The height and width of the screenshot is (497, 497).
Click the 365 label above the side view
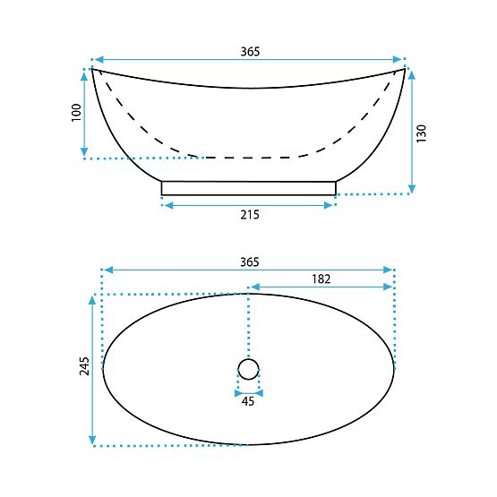(x=249, y=52)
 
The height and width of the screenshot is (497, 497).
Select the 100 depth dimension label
(x=76, y=112)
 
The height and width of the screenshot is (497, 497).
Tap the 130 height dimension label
(x=422, y=131)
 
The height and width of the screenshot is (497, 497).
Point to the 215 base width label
(x=249, y=215)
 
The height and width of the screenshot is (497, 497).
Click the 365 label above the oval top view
(x=249, y=261)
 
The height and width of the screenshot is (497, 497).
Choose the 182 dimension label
(x=321, y=278)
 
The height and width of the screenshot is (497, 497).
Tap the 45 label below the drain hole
(x=248, y=401)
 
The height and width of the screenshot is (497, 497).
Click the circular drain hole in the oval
(x=248, y=368)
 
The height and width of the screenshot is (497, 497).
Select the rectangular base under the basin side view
(x=249, y=188)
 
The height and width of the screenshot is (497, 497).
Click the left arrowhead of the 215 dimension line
(x=166, y=205)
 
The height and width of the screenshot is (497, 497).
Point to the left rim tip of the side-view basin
(x=93, y=69)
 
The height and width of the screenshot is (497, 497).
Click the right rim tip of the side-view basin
(x=404, y=69)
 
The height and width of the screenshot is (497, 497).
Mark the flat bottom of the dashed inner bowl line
(x=249, y=157)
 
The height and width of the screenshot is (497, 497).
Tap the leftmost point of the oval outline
(x=103, y=368)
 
